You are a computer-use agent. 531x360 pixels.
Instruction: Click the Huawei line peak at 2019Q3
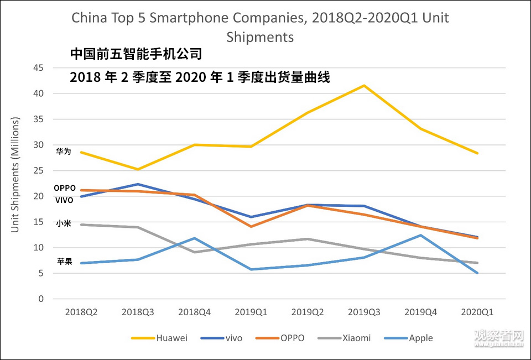[364, 86]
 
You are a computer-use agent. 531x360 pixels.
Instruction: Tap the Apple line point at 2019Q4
[420, 236]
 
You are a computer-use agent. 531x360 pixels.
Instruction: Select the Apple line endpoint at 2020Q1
[477, 273]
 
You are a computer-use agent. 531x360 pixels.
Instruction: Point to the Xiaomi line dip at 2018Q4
[195, 252]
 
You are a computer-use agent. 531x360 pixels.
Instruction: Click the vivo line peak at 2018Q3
[138, 184]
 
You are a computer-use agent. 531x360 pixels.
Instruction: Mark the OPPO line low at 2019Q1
[251, 227]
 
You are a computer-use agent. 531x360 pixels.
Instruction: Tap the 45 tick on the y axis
[39, 68]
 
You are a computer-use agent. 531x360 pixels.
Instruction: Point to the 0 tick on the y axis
[41, 299]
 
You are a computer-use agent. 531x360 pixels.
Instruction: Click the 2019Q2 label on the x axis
[308, 312]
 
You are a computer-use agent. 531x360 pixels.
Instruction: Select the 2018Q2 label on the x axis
[81, 312]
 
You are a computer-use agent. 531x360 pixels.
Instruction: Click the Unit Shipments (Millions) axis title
[15, 175]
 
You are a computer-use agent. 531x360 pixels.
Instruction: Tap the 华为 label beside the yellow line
[64, 152]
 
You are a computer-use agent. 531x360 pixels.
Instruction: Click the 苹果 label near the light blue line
[64, 262]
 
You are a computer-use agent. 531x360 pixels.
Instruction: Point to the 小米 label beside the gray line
[64, 224]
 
